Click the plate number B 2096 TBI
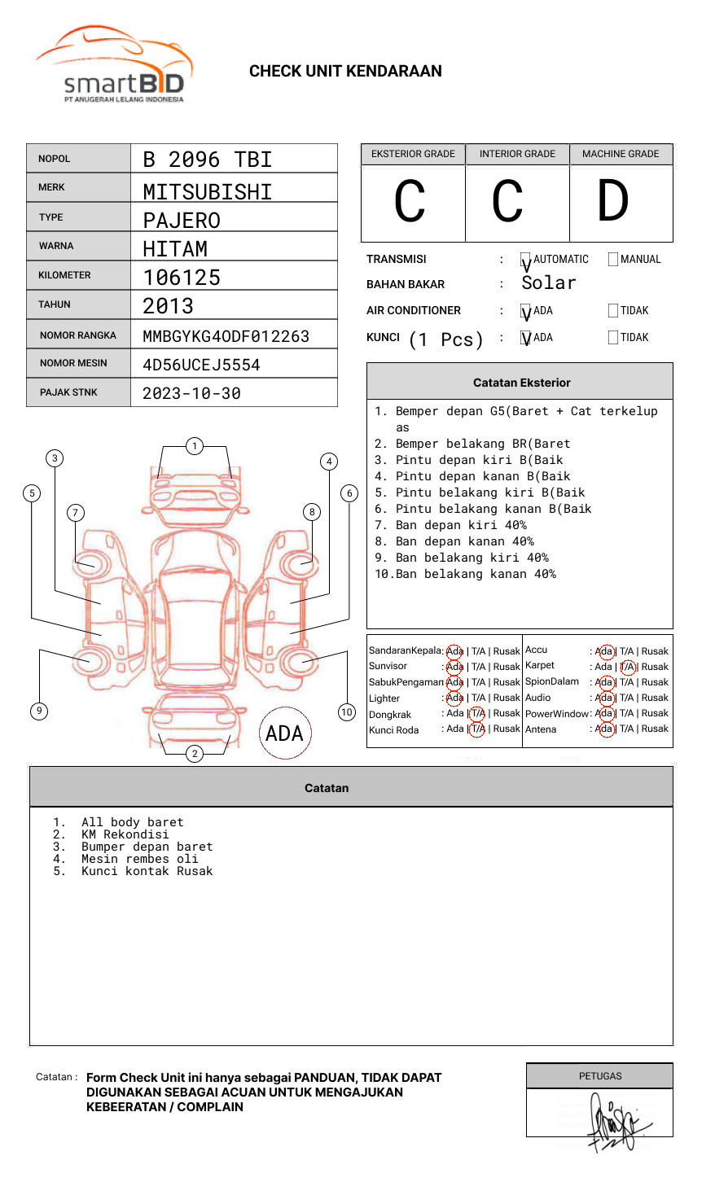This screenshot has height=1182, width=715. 207,160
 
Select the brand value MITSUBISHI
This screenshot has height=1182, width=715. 207,192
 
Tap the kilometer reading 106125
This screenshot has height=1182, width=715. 182,278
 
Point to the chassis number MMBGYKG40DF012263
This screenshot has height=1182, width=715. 226,336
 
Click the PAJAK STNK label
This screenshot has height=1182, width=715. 68,392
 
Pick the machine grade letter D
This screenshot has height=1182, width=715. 612,202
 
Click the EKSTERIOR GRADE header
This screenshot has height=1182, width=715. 413,154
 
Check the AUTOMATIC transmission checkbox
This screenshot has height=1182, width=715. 526,260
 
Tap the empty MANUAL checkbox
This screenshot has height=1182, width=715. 613,260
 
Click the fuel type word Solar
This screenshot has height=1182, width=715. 548,283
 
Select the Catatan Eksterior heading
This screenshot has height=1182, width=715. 521,383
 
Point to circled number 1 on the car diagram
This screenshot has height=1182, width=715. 194,446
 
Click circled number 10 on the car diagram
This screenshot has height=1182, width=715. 347,712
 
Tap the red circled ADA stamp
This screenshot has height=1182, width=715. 285,733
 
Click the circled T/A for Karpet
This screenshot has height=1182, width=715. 627,667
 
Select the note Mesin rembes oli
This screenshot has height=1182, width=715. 139,859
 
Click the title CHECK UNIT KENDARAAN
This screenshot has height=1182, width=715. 345,72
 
